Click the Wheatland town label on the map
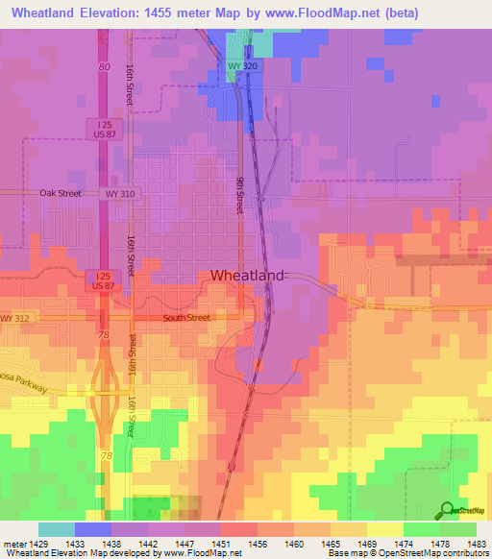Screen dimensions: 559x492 pyautogui.click(x=247, y=276)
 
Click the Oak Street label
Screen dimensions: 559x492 pyautogui.click(x=61, y=193)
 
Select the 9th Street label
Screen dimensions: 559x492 pyautogui.click(x=240, y=195)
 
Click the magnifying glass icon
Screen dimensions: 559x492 pyautogui.click(x=448, y=510)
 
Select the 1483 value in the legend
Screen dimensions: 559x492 pyautogui.click(x=477, y=543)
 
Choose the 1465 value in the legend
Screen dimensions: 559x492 pyautogui.click(x=332, y=543)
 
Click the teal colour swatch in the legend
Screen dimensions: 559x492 pyautogui.click(x=57, y=529)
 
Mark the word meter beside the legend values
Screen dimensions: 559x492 pyautogui.click(x=15, y=543)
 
